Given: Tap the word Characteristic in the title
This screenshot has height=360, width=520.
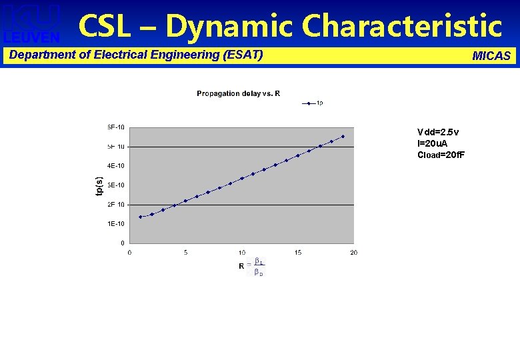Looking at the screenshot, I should tap(401, 27).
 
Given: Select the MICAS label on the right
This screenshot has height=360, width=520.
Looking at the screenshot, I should tap(491, 56).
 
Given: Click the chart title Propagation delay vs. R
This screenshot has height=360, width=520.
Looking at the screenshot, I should tap(238, 93).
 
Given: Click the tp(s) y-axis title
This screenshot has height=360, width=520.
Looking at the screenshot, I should tap(99, 186).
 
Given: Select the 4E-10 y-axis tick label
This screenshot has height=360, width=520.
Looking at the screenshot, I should tap(116, 165).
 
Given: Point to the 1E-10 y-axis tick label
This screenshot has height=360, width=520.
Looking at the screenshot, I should tap(116, 223).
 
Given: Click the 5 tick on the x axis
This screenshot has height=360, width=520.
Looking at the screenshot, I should tap(185, 252).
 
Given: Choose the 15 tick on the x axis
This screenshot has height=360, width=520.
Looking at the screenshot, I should tap(298, 252).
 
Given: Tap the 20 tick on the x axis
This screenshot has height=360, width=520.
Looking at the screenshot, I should tap(353, 252).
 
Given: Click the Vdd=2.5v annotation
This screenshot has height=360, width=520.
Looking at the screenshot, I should tap(437, 132).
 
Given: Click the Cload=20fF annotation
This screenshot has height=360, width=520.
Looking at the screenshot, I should tap(441, 155).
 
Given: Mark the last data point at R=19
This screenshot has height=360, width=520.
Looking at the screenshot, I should tap(343, 137).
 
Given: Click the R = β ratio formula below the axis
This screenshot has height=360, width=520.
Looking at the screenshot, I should tap(251, 266).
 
